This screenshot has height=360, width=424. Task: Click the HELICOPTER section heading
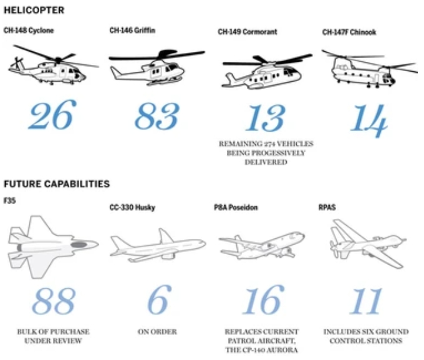pyautogui.click(x=34, y=10)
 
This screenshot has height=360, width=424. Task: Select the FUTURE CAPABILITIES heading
pyautogui.click(x=57, y=184)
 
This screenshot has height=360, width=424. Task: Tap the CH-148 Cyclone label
pyautogui.click(x=29, y=31)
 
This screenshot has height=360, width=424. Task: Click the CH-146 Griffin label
pyautogui.click(x=132, y=30)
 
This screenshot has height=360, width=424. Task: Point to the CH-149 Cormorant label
pyautogui.click(x=248, y=32)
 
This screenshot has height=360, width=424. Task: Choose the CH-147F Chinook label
pyautogui.click(x=349, y=32)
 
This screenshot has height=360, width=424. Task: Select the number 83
pyautogui.click(x=157, y=116)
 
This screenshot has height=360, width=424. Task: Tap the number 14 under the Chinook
pyautogui.click(x=369, y=120)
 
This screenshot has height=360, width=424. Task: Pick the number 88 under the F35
pyautogui.click(x=54, y=301)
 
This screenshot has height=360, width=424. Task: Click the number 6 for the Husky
pyautogui.click(x=160, y=299)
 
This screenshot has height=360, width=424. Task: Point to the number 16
pyautogui.click(x=264, y=299)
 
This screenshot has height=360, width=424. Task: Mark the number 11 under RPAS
pyautogui.click(x=366, y=301)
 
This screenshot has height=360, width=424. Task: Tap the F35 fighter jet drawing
pyautogui.click(x=53, y=247)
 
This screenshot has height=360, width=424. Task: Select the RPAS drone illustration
pyautogui.click(x=368, y=244)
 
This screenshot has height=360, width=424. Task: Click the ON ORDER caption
pyautogui.click(x=157, y=332)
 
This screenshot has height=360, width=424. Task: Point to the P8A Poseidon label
pyautogui.click(x=236, y=207)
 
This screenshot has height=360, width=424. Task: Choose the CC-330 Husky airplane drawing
pyautogui.click(x=158, y=245)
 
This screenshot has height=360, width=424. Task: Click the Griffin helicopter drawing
pyautogui.click(x=157, y=67)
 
